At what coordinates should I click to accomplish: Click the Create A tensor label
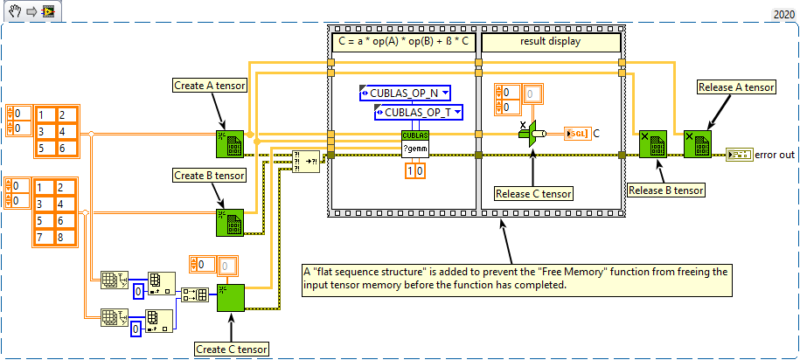tap(209, 85)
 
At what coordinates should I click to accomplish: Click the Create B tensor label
tap(209, 176)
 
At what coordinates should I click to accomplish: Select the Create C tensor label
tap(231, 350)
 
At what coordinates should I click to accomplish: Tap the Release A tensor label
tap(736, 87)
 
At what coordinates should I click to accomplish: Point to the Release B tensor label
tap(666, 189)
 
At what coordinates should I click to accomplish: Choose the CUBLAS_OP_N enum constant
tap(404, 93)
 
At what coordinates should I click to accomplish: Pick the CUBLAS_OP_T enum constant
tap(418, 111)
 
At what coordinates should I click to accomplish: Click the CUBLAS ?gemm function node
tap(416, 142)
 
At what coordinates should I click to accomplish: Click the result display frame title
tap(551, 40)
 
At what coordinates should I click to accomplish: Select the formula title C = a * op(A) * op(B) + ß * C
tap(402, 40)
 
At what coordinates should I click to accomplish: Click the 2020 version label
tap(783, 15)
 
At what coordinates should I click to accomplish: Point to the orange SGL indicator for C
tap(576, 134)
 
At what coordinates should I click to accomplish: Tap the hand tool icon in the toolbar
tap(15, 12)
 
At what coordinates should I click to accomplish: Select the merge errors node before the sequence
tap(306, 163)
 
